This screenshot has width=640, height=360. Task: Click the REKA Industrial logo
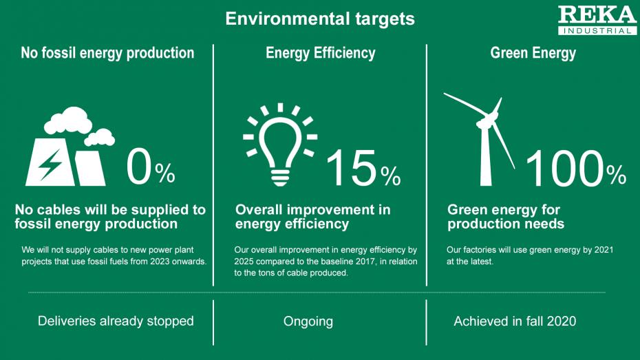[x=597, y=20]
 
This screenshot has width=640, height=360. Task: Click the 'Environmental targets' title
[x=320, y=19]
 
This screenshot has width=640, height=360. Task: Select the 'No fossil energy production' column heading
[x=107, y=53]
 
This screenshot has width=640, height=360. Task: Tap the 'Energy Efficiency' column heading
[x=321, y=54]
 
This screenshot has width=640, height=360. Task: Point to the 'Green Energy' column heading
[x=533, y=54]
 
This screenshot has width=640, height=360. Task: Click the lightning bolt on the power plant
[x=50, y=165]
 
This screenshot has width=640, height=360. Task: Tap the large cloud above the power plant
[x=68, y=120]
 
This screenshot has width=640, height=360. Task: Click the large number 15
[x=352, y=168]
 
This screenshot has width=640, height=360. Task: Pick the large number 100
[x=564, y=168]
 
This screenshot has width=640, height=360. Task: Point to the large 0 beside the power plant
[x=139, y=167]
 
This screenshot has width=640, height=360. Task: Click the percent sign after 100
[x=617, y=175]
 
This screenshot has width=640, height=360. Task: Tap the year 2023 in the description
[x=160, y=262]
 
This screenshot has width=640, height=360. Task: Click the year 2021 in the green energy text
[x=604, y=250]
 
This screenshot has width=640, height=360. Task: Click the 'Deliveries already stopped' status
[x=116, y=321]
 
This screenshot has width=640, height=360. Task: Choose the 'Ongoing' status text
[x=308, y=321]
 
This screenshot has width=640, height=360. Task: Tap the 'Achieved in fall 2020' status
[x=515, y=321]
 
